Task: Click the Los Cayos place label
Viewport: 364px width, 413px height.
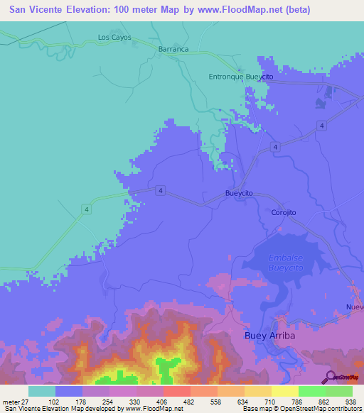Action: tap(114, 37)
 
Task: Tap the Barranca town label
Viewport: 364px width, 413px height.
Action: tap(173, 49)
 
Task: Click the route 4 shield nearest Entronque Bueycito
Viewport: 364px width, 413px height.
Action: tap(322, 126)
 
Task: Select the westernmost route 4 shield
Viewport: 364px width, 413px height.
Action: tap(86, 208)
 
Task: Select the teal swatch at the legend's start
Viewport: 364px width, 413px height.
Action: tap(41, 391)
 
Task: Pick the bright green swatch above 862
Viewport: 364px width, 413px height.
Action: tap(311, 391)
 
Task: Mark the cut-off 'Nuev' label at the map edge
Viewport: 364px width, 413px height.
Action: tap(355, 307)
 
